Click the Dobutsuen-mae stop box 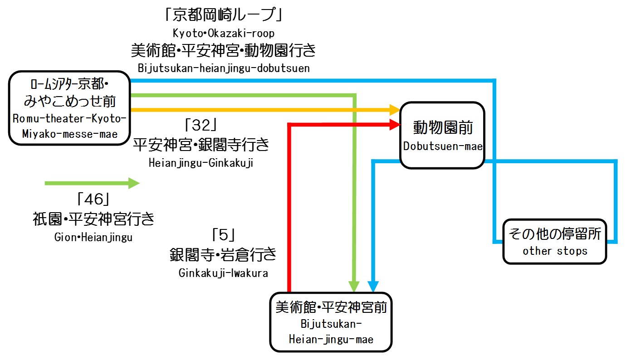click(442, 135)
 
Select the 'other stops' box click(554, 241)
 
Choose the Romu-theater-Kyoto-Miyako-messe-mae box click(69, 108)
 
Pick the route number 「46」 click(93, 199)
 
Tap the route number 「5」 click(223, 235)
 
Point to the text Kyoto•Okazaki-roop click(224, 33)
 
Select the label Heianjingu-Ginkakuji click(201, 163)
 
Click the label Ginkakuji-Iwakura click(223, 273)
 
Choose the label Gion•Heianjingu click(93, 237)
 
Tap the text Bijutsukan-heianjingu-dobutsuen click(223, 68)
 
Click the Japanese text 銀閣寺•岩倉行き click(223, 254)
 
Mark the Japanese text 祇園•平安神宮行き click(93, 219)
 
